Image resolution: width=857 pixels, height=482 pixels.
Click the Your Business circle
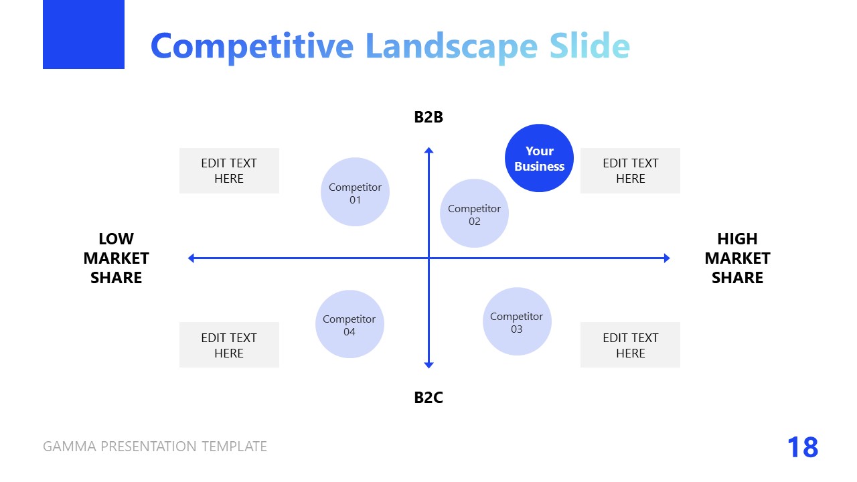pyautogui.click(x=539, y=158)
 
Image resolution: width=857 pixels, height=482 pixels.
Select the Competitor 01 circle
pyautogui.click(x=355, y=192)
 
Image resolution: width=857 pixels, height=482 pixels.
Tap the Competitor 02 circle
pyautogui.click(x=474, y=214)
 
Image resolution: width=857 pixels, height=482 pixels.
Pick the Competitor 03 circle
pyautogui.click(x=516, y=321)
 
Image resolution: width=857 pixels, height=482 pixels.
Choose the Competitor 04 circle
pyautogui.click(x=349, y=324)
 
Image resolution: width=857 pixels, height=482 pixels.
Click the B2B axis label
pyautogui.click(x=428, y=117)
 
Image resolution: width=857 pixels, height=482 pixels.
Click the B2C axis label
pyautogui.click(x=428, y=398)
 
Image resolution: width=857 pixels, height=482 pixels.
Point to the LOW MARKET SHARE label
pyautogui.click(x=116, y=258)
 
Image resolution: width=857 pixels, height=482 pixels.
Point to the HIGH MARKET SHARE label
pyautogui.click(x=737, y=258)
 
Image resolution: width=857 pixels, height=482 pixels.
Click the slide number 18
pyautogui.click(x=802, y=447)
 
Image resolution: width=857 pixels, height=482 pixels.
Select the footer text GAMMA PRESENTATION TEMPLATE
pyautogui.click(x=155, y=447)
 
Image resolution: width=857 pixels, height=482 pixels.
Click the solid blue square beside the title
pyautogui.click(x=84, y=34)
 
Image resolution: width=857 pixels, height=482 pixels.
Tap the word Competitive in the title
pyautogui.click(x=252, y=46)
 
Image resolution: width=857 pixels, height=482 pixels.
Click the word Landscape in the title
pyautogui.click(x=451, y=46)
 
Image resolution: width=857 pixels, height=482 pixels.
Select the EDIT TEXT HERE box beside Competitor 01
pyautogui.click(x=229, y=171)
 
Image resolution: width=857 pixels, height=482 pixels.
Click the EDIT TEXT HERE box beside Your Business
pyautogui.click(x=630, y=171)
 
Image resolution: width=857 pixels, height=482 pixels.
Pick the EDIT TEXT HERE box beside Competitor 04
pyautogui.click(x=229, y=345)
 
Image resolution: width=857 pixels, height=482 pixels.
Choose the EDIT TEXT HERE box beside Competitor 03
pyautogui.click(x=630, y=345)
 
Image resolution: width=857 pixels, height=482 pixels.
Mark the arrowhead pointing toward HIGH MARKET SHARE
pyautogui.click(x=666, y=258)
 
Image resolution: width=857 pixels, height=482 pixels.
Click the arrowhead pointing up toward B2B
pyautogui.click(x=428, y=151)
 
